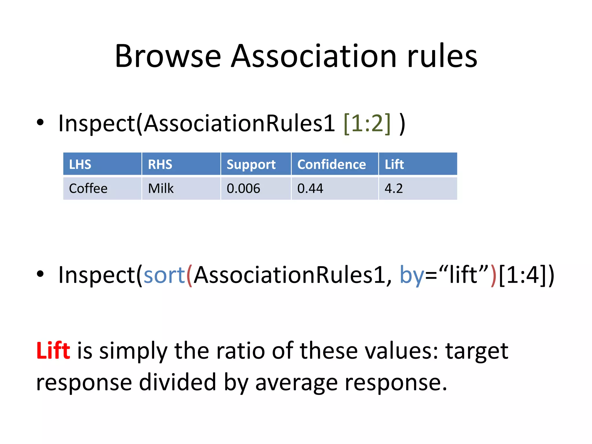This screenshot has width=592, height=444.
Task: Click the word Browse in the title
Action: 168,56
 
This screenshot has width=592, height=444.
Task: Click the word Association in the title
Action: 314,56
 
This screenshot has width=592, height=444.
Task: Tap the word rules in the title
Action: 442,56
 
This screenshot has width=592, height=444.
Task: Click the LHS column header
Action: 80,164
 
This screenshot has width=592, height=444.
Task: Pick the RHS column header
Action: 160,164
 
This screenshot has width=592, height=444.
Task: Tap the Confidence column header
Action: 332,164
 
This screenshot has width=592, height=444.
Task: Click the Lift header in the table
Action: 394,164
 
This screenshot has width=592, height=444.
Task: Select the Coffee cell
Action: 88,188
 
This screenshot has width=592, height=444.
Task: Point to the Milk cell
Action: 161,188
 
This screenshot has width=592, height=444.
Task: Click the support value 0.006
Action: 243,188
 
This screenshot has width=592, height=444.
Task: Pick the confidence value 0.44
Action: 310,188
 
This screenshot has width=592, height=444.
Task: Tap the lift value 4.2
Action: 393,188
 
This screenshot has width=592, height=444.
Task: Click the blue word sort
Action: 164,275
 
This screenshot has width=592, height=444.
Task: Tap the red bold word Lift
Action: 53,351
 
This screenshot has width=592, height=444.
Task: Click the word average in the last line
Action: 296,382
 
